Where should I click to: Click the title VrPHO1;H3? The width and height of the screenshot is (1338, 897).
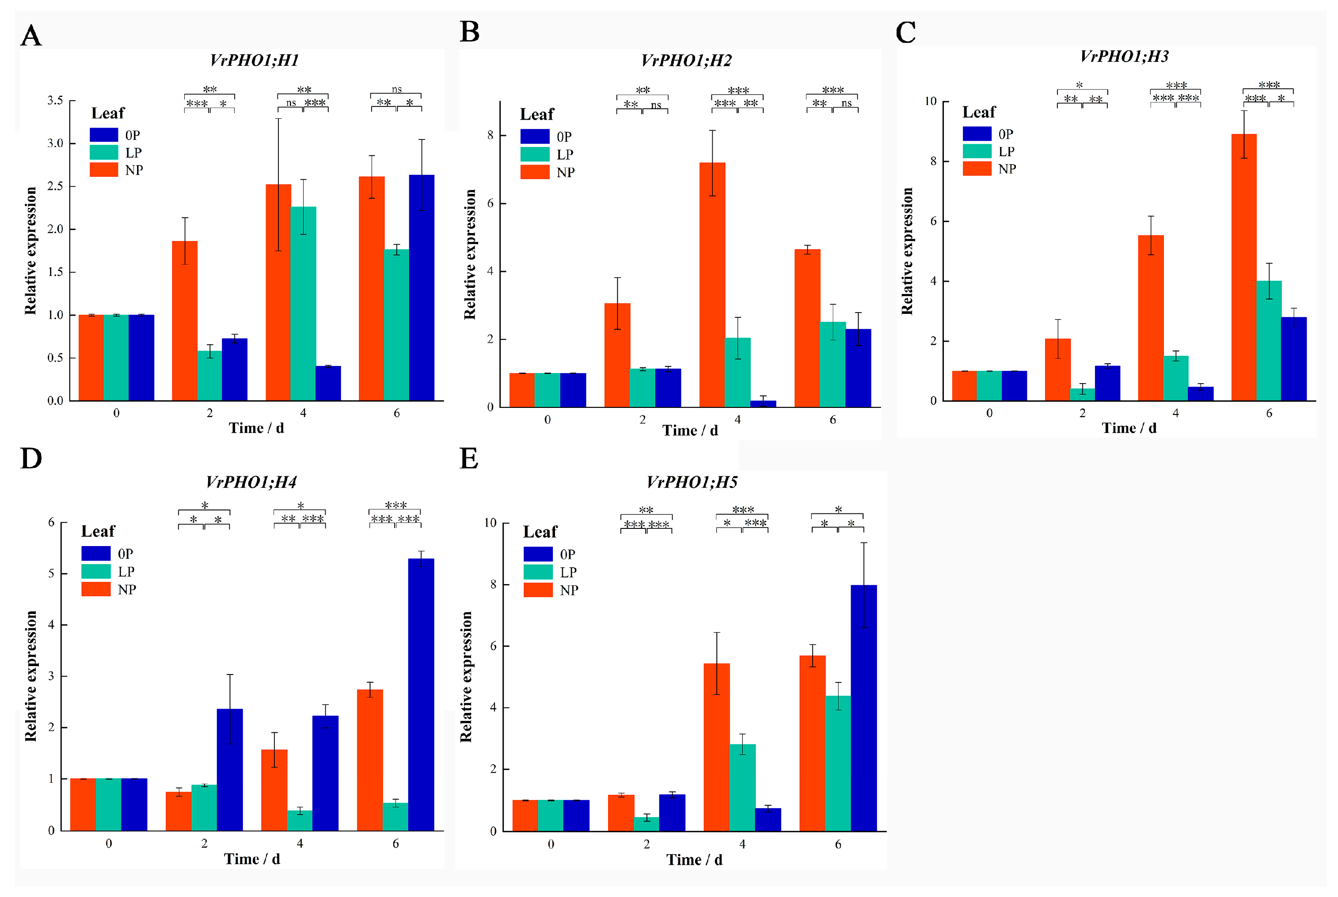1124,56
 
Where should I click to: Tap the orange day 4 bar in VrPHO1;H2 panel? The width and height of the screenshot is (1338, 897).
712,284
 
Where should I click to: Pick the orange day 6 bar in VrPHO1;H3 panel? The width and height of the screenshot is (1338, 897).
1243,267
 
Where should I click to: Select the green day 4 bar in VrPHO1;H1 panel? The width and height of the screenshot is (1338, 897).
303,303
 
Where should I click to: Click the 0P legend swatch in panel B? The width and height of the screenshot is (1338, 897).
534,137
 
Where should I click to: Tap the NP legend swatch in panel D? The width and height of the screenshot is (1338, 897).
95,589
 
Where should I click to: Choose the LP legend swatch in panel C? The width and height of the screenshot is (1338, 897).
977,151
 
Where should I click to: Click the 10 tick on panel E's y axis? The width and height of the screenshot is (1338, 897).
490,523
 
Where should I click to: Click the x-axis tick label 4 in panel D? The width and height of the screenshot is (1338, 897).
300,843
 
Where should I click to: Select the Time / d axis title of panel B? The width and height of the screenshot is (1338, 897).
690,431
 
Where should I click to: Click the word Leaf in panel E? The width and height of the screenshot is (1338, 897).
540,532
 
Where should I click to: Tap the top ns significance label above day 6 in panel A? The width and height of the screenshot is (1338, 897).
396,89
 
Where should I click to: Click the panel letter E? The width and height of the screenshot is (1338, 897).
468,459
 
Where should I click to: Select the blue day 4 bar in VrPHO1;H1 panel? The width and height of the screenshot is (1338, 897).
328,383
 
